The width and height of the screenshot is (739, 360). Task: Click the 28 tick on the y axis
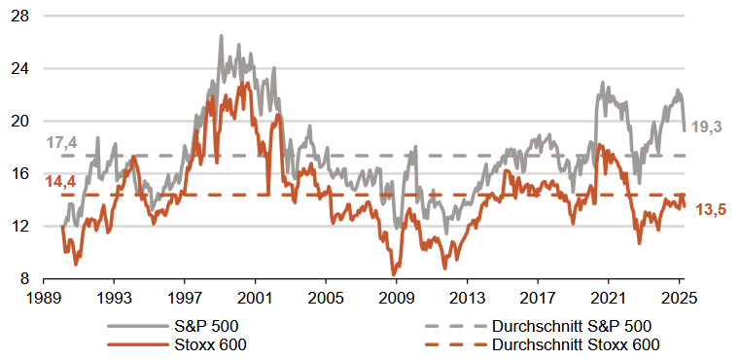(x=21, y=18)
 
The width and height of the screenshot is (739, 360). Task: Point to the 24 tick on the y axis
(x=21, y=69)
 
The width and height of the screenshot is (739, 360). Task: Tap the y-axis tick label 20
(x=21, y=122)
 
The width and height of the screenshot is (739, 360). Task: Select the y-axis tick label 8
(x=25, y=278)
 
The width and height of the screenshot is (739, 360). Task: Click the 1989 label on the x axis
(x=44, y=297)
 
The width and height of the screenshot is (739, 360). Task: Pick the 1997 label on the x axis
(x=185, y=297)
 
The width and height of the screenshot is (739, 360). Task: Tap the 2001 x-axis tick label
(x=255, y=297)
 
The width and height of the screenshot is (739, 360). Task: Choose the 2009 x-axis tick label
(x=396, y=297)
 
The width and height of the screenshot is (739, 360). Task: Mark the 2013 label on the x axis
(x=467, y=297)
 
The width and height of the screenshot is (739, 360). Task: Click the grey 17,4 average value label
(x=60, y=143)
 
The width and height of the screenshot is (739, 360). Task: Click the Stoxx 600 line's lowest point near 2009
(x=393, y=274)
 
